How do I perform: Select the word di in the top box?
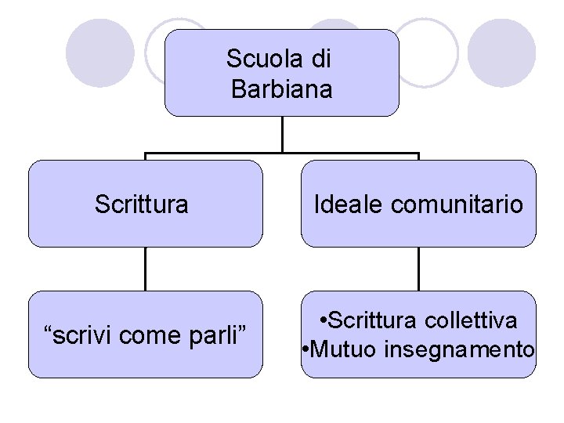tap(321, 59)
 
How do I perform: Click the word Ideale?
tap(349, 204)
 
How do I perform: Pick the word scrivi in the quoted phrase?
tap(81, 335)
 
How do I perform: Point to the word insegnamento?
tap(459, 349)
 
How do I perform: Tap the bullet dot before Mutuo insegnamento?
tap(306, 349)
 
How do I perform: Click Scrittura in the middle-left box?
tap(141, 204)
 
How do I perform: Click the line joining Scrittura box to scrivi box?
tap(145, 269)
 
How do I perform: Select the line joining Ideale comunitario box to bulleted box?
tap(419, 269)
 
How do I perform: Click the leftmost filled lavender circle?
tap(100, 52)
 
